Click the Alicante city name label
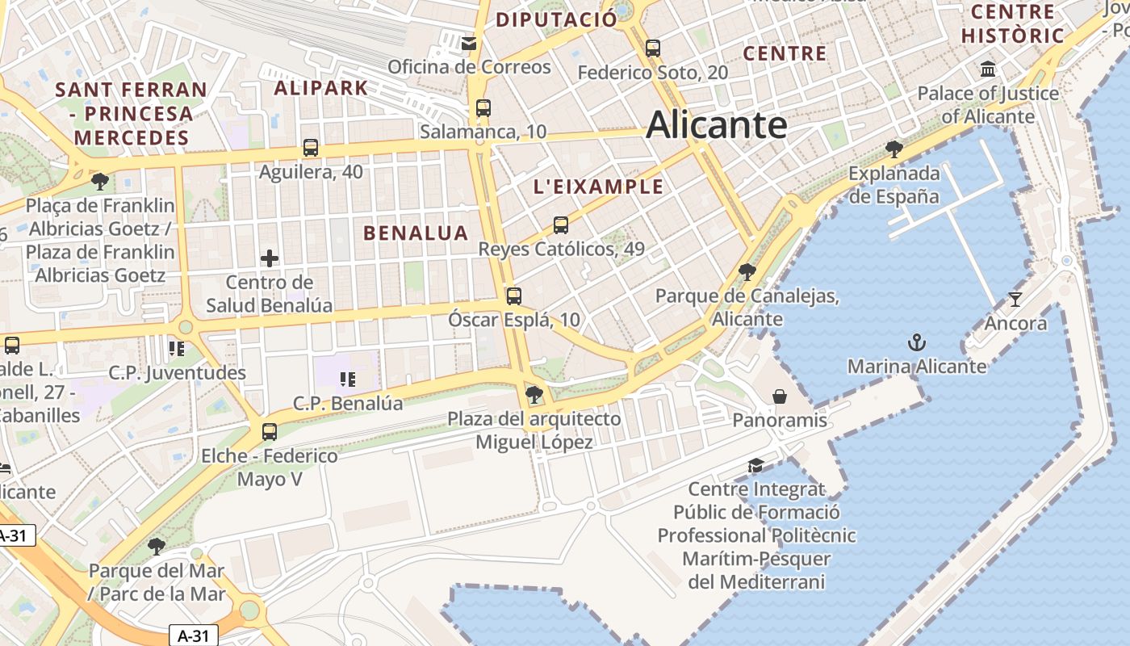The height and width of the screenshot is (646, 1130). [716, 125]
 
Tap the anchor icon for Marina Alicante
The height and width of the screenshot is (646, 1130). [916, 342]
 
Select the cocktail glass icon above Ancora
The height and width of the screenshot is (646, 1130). [1015, 300]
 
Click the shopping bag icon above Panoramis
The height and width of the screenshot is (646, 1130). [780, 396]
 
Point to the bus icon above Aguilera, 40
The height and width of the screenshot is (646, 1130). [311, 148]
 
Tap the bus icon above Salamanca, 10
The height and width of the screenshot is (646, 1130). [483, 107]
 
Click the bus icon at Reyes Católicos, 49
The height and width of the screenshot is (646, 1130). [561, 225]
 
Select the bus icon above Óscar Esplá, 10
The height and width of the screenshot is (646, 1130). [514, 296]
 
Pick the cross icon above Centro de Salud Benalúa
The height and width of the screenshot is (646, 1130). [269, 258]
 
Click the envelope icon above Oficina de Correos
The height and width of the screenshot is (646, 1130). [469, 43]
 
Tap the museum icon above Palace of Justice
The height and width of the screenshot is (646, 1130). [988, 69]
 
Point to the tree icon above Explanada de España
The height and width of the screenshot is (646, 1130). [894, 149]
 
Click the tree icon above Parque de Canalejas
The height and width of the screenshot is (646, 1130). [747, 271]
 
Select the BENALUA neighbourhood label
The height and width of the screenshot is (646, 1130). [416, 233]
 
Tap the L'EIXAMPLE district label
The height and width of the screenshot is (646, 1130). [598, 187]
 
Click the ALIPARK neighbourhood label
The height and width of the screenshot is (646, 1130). [321, 88]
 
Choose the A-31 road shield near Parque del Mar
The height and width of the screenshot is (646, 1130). [194, 636]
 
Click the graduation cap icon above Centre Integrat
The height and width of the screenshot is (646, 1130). [755, 465]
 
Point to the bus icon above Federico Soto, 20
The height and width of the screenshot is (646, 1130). [653, 48]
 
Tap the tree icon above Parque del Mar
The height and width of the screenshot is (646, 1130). [157, 547]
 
